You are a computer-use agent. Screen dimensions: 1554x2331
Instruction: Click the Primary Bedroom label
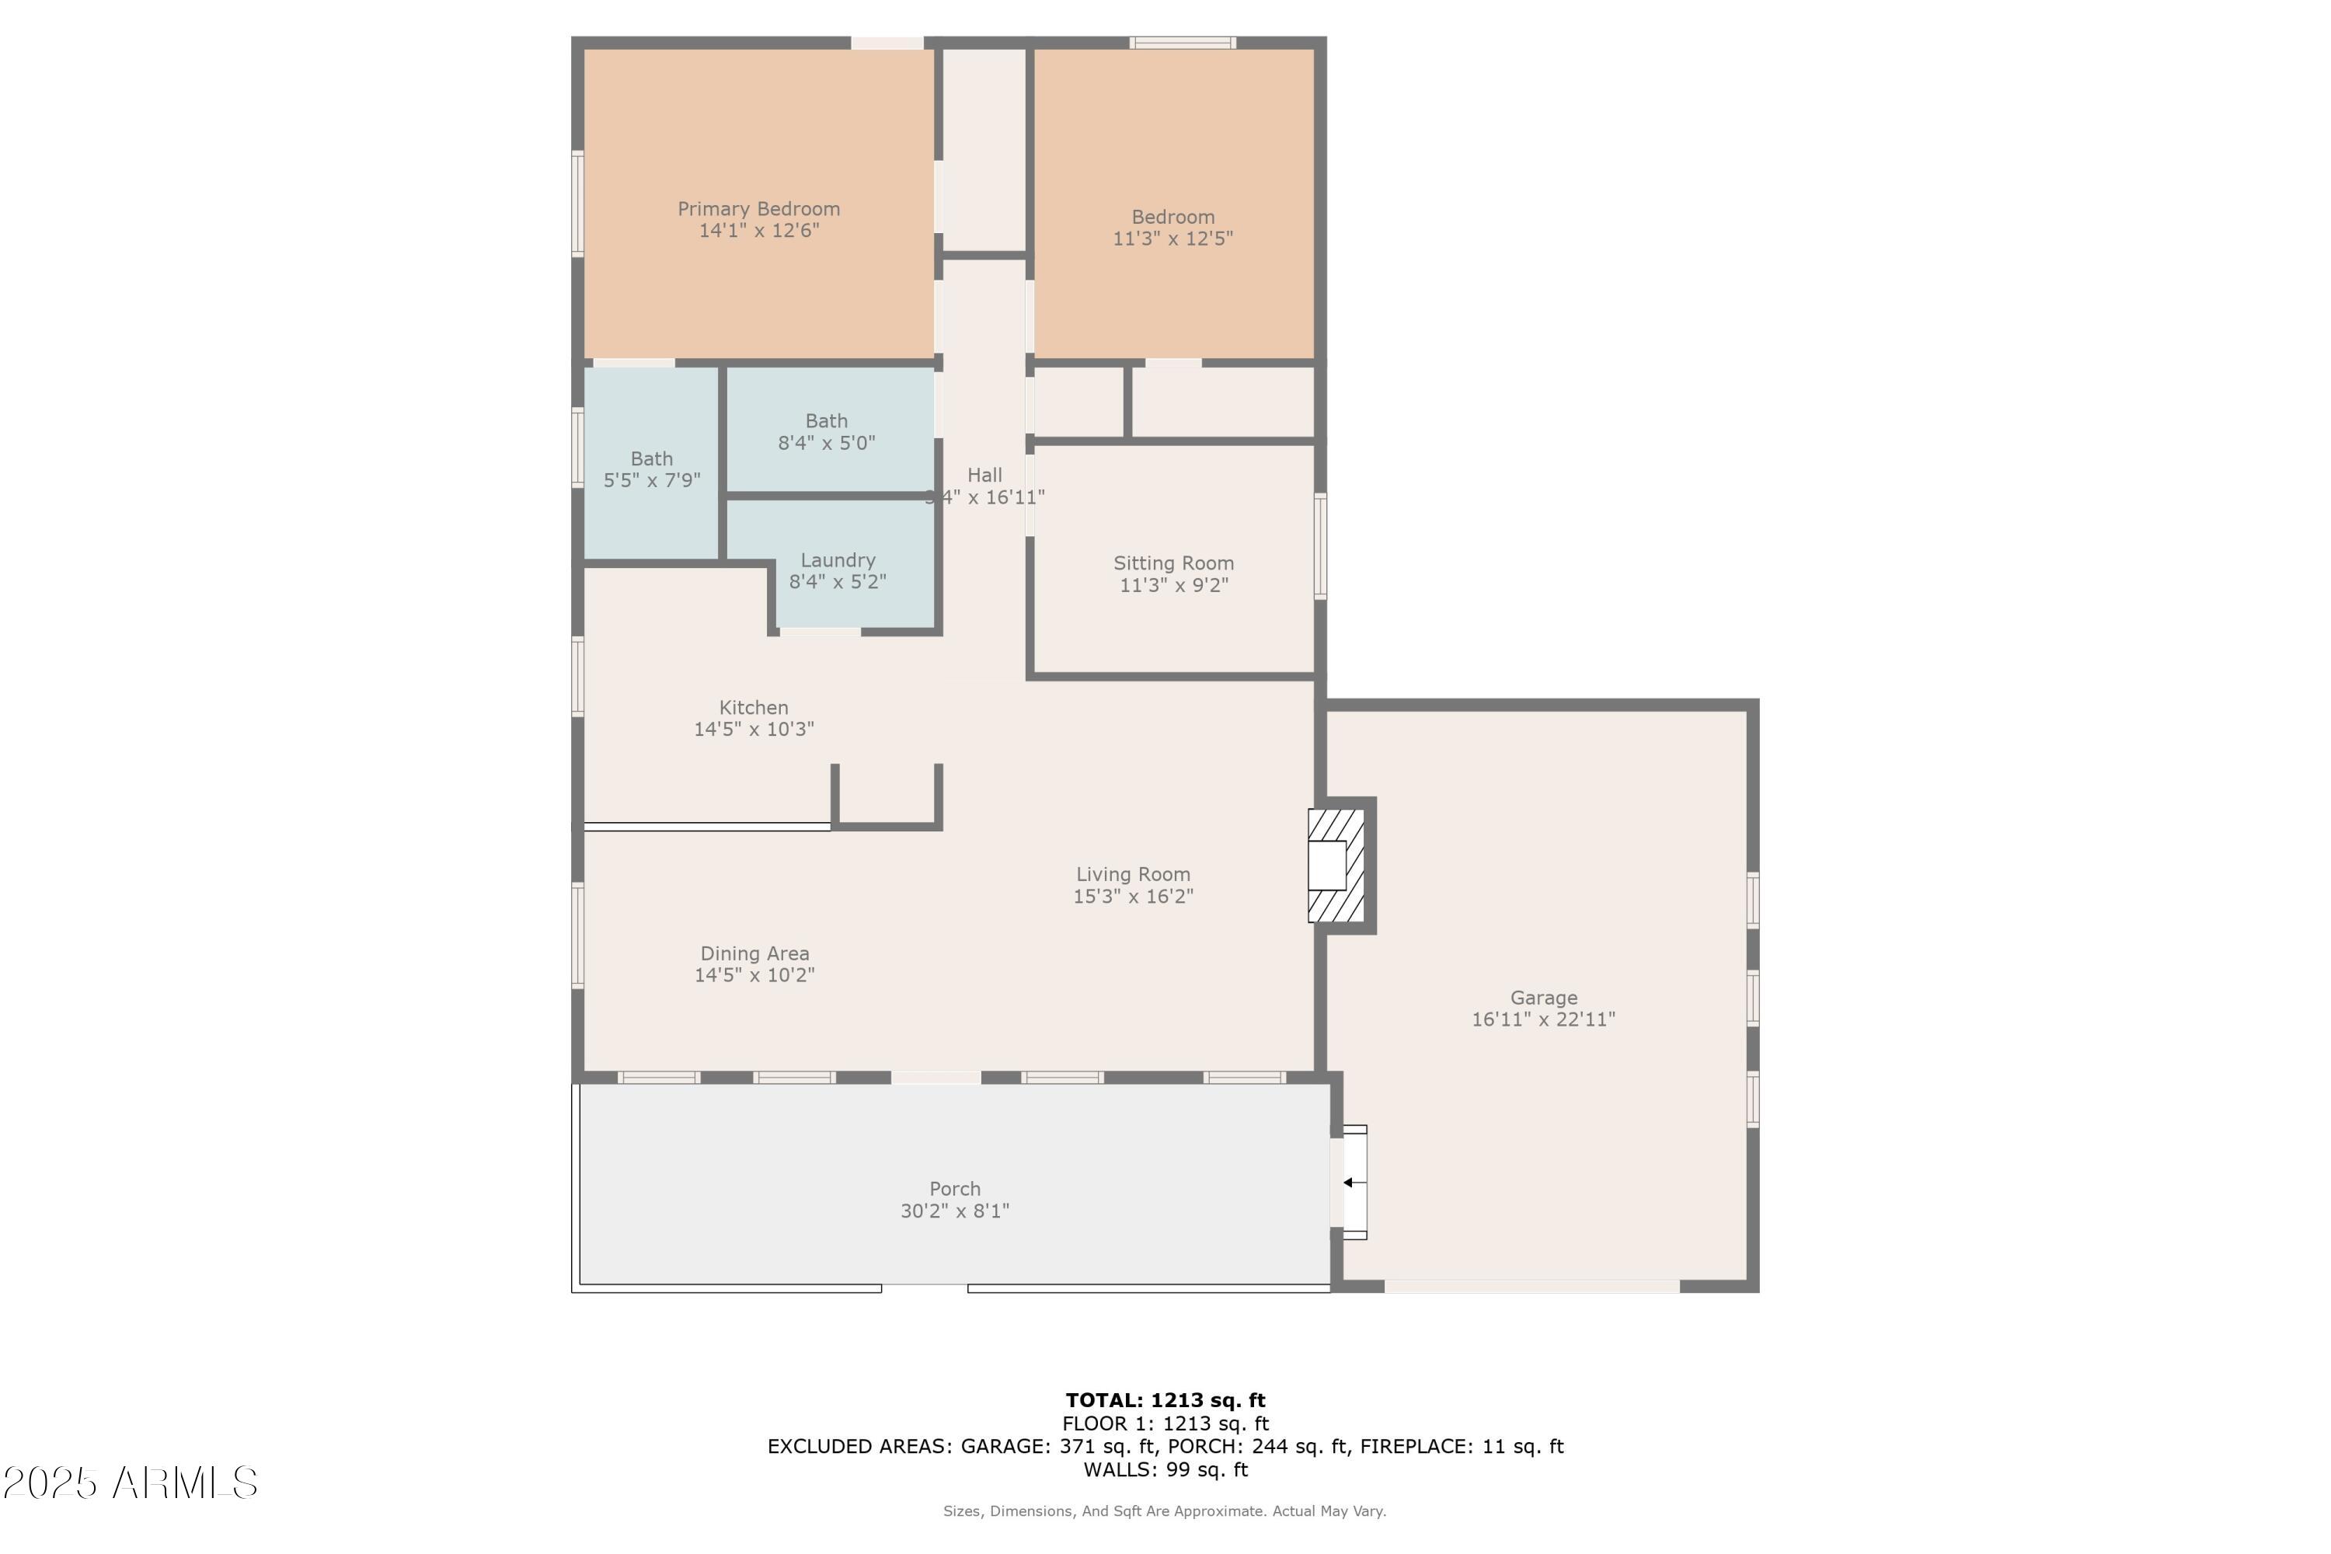[758, 209]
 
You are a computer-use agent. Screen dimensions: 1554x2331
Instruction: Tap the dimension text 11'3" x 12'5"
[1172, 239]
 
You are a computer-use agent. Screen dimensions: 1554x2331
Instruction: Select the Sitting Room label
[1173, 563]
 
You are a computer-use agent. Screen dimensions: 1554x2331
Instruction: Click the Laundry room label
[838, 560]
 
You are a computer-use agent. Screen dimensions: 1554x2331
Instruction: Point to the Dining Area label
[754, 953]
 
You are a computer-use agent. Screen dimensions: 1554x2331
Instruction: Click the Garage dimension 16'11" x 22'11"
[1543, 1019]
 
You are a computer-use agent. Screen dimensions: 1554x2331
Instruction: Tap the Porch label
[954, 1188]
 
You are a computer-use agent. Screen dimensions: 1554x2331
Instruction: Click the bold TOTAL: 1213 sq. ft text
[1165, 1400]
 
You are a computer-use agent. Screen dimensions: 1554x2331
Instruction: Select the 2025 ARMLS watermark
[130, 1483]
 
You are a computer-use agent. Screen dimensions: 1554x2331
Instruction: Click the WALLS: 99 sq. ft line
[1165, 1470]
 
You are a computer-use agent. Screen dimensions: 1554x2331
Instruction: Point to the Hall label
[984, 476]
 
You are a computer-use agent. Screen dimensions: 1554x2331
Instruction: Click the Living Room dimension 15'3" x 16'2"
[1133, 897]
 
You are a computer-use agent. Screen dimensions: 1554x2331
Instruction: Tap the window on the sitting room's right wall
[1320, 546]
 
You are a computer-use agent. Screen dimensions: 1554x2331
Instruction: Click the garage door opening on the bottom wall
[1531, 1287]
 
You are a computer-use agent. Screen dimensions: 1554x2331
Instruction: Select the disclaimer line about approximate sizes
[1165, 1511]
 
